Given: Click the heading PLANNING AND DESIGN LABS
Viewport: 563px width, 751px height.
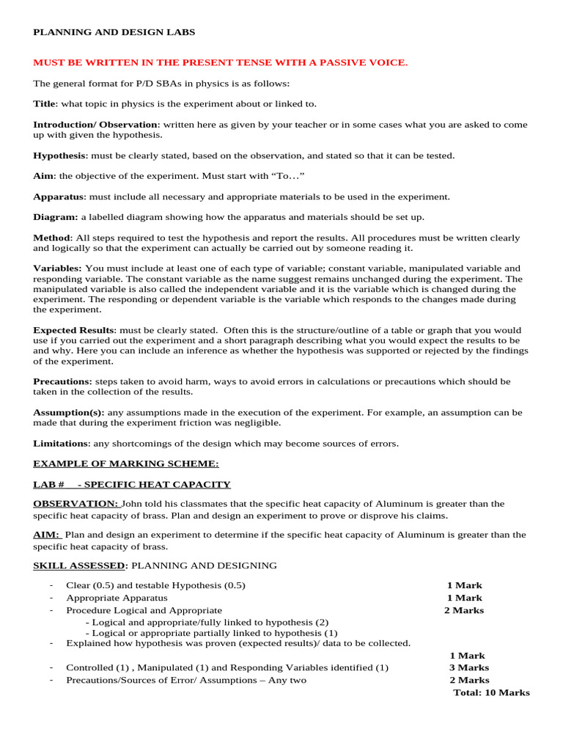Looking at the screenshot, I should coord(114,32).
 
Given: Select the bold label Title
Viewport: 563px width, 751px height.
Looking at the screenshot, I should coord(44,104).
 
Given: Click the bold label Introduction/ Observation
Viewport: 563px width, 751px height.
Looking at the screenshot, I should coord(95,125).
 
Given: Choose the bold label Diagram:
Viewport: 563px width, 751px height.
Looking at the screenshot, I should coord(55,217).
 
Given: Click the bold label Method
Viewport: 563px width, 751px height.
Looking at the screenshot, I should coord(52,238).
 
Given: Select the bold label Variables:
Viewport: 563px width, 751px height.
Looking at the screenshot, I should coord(57,268).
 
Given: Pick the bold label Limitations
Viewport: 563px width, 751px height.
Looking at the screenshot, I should coord(60,443).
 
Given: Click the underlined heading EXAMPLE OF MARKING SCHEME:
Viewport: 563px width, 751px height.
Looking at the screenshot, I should coord(125,464).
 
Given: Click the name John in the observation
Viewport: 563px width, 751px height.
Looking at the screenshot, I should coord(133,504).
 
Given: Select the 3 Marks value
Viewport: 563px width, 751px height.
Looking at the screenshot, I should coord(468,668).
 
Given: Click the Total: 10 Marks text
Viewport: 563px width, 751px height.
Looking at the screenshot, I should coord(491,693).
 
